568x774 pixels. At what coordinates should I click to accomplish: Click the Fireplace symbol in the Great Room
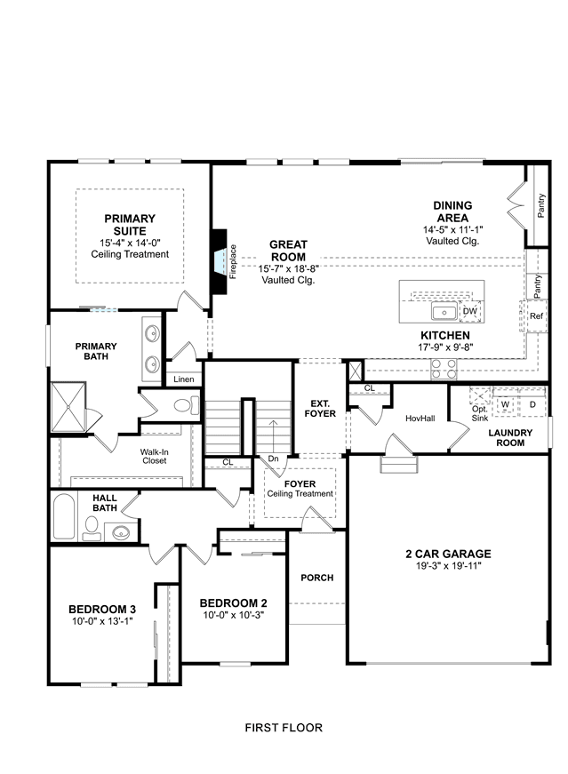coord(220,261)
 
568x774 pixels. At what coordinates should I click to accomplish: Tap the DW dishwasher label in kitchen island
coord(469,312)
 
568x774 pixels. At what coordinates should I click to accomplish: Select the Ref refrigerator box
coord(536,316)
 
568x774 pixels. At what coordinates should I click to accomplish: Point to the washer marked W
coord(505,404)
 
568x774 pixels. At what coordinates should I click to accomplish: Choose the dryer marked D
coord(532,404)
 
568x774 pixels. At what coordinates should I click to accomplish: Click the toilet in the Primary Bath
coord(186,406)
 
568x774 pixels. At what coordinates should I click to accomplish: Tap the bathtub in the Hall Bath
coord(64,516)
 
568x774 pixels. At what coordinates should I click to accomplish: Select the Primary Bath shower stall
coord(68,407)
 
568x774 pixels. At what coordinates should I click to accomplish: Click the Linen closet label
coord(184,379)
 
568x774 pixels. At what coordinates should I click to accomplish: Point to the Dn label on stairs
coord(273,459)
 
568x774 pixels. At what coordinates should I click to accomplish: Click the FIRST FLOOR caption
coord(284,728)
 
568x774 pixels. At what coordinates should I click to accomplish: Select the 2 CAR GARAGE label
coord(449,554)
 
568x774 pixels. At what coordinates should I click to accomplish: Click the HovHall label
coord(420,419)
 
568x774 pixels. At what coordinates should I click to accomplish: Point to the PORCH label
coord(317,578)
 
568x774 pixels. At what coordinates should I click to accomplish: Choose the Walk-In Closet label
coord(155,456)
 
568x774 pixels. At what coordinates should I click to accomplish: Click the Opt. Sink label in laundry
coord(480,413)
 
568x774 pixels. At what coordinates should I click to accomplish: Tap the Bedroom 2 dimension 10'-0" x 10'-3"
coord(234,616)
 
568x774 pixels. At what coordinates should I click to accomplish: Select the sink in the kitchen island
coord(444,312)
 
